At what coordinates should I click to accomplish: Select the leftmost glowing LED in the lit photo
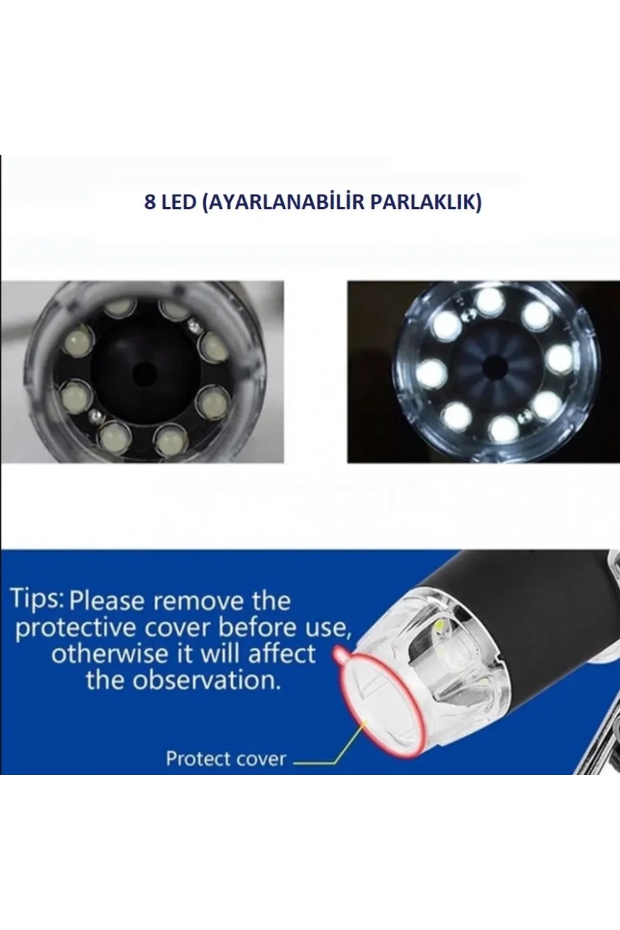pos(432,371)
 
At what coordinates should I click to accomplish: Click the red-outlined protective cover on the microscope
pos(378,706)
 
